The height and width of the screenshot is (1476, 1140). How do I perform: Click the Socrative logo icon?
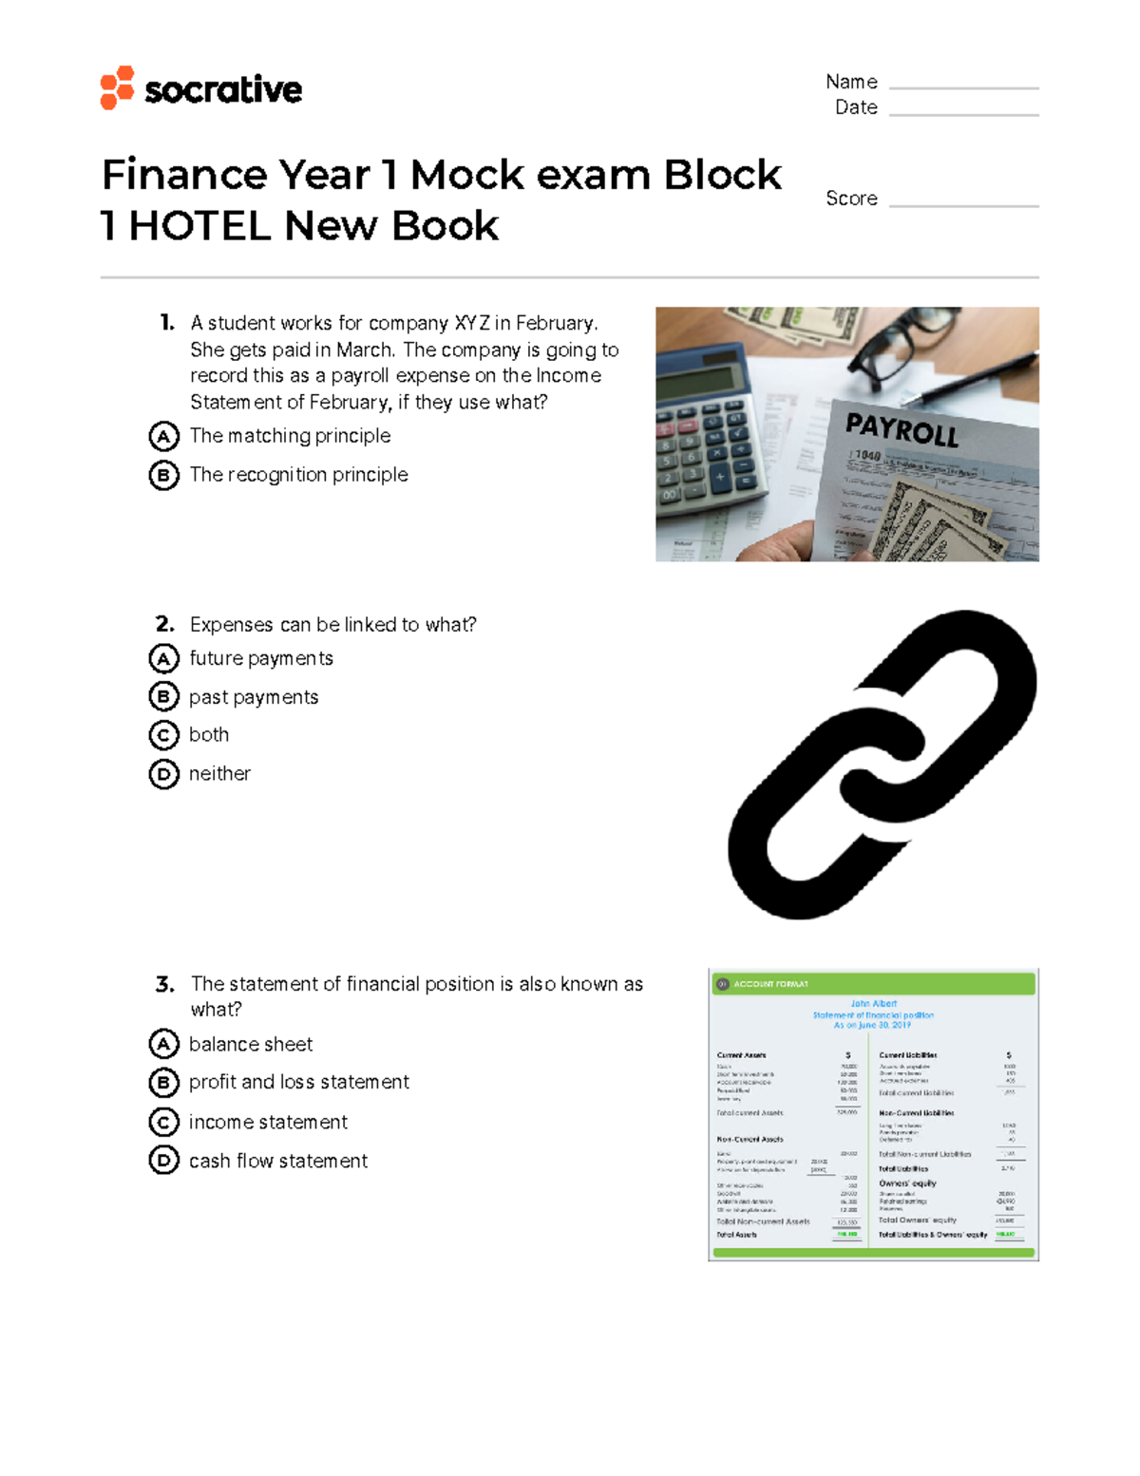tap(117, 87)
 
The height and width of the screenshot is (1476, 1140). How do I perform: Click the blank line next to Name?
tap(963, 86)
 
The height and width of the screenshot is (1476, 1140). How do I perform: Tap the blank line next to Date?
tap(963, 113)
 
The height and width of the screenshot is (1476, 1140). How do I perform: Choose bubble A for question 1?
tap(163, 437)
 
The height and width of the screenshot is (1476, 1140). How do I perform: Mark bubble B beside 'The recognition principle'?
tap(163, 475)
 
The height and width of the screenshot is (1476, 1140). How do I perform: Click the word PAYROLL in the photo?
tap(902, 431)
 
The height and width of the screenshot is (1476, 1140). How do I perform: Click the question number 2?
tap(165, 624)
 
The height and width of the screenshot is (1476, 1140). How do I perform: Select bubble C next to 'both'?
tap(163, 735)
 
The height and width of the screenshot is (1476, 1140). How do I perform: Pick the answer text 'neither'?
tap(219, 774)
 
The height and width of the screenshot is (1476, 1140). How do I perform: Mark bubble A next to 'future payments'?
tap(163, 658)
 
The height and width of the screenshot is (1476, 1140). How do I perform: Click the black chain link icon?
tap(882, 765)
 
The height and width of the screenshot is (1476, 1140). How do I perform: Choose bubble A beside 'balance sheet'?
tap(163, 1044)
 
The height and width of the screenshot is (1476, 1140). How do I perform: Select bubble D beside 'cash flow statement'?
tap(163, 1161)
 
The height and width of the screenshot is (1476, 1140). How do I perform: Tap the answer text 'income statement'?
tap(268, 1123)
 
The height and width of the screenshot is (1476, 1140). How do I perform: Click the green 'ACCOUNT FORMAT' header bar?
tap(873, 984)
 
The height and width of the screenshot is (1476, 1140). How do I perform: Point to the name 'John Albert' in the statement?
tap(873, 1003)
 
